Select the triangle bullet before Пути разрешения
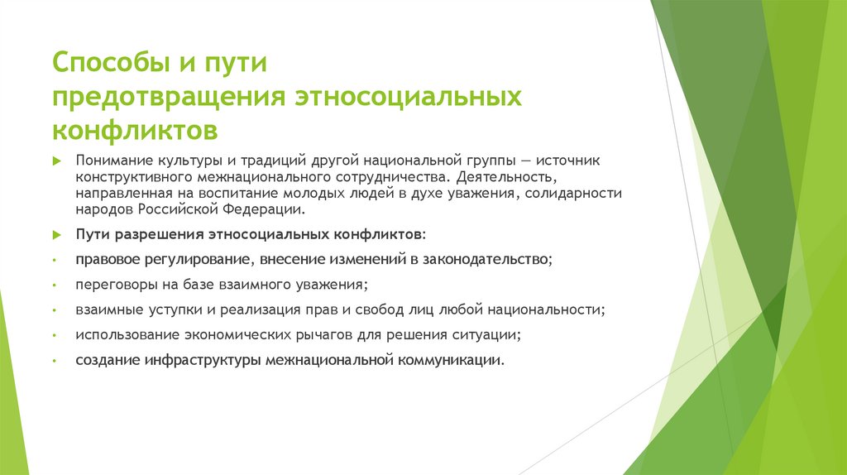(56, 236)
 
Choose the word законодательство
(485, 260)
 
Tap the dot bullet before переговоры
(55, 285)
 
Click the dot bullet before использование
(55, 337)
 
